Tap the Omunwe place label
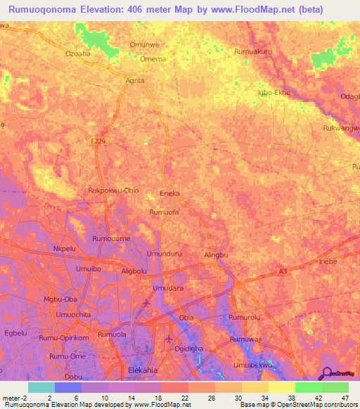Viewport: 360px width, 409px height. pos(143,45)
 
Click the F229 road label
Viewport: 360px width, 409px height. pos(98,141)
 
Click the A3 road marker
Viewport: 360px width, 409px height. pos(283,270)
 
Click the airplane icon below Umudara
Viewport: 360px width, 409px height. pos(146,303)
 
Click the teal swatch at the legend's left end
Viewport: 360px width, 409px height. pos(41,387)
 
